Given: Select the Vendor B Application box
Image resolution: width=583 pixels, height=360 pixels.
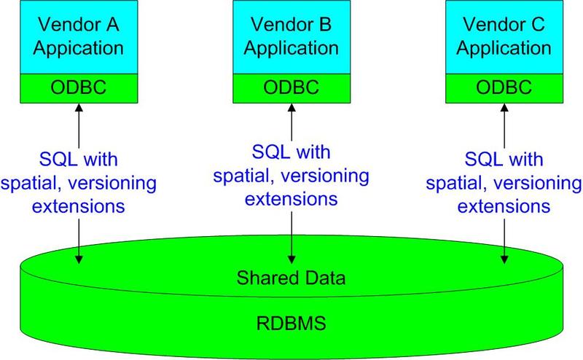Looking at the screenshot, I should tap(291, 36).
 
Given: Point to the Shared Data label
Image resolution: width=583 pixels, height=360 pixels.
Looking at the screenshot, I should tap(291, 278).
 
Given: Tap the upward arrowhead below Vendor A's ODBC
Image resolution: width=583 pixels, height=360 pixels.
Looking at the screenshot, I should tap(78, 108).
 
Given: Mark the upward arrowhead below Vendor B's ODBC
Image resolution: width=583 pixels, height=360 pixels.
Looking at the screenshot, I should tap(291, 108).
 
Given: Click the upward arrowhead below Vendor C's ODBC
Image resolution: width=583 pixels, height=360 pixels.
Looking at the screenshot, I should tap(504, 108).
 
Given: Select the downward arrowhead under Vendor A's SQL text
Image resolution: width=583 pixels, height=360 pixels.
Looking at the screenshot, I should tap(78, 257).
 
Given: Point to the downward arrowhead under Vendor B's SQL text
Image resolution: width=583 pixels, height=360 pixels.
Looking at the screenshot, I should tap(291, 257).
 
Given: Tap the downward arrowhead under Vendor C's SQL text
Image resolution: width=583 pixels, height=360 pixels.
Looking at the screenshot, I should tap(504, 257).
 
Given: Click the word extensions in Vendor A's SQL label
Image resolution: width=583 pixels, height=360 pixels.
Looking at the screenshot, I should tap(77, 206).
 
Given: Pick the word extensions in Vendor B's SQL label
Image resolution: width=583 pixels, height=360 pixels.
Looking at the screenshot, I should tap(291, 197).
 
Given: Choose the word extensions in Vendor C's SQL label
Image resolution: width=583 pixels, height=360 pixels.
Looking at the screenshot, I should tap(503, 206).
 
